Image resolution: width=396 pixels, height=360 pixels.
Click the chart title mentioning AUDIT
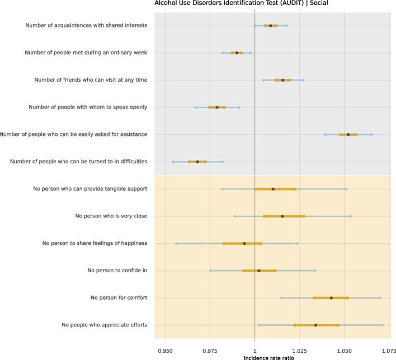241,3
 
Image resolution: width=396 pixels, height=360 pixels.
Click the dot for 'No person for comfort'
332,298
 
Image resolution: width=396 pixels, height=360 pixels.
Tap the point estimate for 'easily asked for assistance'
348,135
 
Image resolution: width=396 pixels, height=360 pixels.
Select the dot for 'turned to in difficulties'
197,162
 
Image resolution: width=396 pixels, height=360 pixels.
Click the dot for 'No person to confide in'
259,271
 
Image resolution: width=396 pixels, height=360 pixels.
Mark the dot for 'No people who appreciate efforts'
316,325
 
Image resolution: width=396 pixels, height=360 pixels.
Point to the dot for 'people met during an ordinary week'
237,53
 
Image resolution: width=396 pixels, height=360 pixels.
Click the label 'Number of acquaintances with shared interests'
86,25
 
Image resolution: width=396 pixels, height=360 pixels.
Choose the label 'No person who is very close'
111,216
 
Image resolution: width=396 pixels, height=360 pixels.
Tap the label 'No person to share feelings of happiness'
95,243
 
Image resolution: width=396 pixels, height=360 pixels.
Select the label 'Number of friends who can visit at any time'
91,80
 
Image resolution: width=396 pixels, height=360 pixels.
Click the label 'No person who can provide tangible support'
90,189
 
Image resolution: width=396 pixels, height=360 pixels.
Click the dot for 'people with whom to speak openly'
217,107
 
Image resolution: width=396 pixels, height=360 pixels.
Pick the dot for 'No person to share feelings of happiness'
244,244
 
